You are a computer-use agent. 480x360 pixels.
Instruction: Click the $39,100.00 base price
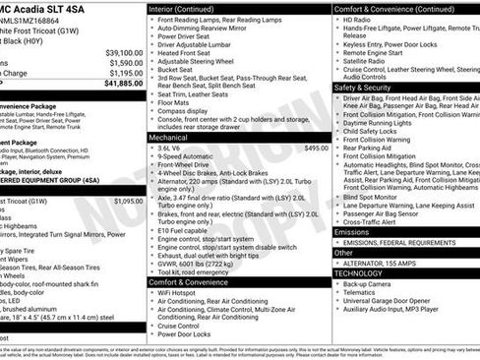[123, 51]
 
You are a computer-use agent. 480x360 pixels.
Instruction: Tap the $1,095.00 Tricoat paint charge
[128, 200]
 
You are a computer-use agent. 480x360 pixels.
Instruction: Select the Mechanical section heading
[170, 138]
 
